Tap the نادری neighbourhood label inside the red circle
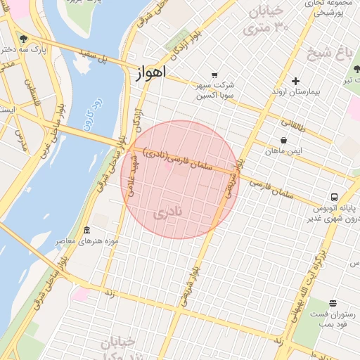point(172,211)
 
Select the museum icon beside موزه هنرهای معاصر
point(86,231)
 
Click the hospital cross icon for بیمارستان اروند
point(295,81)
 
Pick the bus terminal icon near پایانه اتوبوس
point(335,198)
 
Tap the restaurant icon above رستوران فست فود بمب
point(333,303)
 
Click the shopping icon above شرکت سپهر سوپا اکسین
point(214,75)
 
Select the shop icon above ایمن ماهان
point(283,140)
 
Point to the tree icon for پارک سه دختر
point(24,39)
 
